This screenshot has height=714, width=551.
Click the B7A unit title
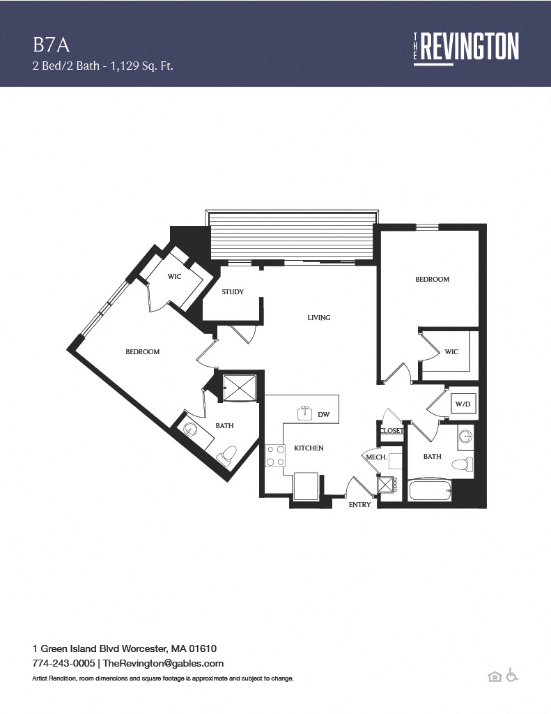51,45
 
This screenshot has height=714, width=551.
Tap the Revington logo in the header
466,49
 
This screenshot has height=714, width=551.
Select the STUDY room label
233,292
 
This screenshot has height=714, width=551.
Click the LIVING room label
318,317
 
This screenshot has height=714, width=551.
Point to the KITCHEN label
309,448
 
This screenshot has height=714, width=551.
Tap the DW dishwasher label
323,414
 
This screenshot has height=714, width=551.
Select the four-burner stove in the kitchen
275,456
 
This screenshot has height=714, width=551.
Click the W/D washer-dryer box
463,404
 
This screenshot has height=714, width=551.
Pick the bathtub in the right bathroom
430,490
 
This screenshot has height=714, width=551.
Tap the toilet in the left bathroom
226,455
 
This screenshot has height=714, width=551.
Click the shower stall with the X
240,388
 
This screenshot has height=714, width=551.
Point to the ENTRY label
359,505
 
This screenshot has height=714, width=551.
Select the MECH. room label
376,457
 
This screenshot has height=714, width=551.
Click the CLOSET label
391,430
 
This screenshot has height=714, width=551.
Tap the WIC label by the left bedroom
174,276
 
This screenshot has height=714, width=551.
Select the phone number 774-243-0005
63,663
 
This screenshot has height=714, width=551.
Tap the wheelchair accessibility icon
512,675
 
